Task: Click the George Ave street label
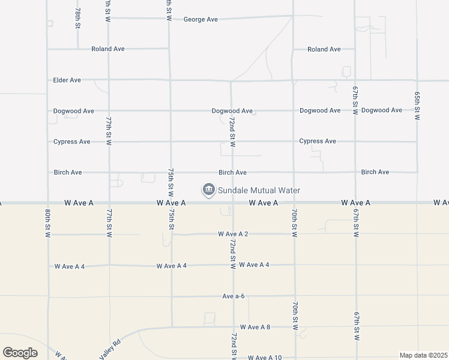[x=200, y=19]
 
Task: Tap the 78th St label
[x=77, y=20]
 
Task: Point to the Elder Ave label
[x=67, y=80]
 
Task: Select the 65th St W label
[x=417, y=106]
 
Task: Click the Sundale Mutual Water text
[x=259, y=190]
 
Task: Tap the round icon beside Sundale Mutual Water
[x=208, y=190]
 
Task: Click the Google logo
[x=20, y=353]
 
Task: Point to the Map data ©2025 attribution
[x=423, y=355]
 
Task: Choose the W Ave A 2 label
[x=234, y=233]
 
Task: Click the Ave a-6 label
[x=234, y=296]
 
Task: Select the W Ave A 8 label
[x=255, y=327]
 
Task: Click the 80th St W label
[x=47, y=223]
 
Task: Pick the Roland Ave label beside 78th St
[x=108, y=49]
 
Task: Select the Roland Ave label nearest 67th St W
[x=324, y=49]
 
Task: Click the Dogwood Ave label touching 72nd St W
[x=232, y=111]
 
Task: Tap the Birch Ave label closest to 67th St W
[x=375, y=172]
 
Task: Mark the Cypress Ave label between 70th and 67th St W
[x=318, y=141]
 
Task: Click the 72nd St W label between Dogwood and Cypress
[x=232, y=132]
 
